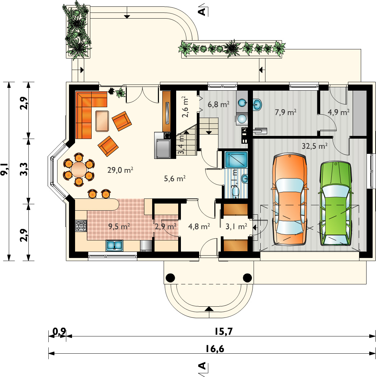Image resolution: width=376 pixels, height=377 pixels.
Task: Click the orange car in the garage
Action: tap(289, 199)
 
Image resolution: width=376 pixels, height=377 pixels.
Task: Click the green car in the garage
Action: tap(335, 204)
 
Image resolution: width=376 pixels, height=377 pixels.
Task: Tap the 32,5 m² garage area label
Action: tap(315, 146)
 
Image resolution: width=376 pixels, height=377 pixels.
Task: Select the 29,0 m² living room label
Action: tap(120, 170)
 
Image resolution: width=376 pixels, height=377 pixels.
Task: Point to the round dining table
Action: tap(79, 169)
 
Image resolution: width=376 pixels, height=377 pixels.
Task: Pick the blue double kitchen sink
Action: tap(114, 245)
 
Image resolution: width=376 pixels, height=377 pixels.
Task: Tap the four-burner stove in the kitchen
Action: tap(81, 226)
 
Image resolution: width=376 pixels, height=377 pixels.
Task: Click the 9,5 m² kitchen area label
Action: tap(119, 226)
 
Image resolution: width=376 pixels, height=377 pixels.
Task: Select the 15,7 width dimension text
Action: tap(224, 331)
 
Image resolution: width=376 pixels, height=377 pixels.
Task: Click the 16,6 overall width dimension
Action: tap(215, 349)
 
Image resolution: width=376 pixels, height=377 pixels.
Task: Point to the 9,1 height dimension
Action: tap(5, 169)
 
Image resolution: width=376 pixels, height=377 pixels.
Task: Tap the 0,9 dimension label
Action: tap(59, 331)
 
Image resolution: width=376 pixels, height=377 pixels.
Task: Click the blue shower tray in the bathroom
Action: tap(236, 159)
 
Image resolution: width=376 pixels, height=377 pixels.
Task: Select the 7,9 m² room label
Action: tap(286, 112)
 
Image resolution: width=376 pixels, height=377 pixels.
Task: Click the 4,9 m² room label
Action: tap(338, 112)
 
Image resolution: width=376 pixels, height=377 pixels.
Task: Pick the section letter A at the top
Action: tap(202, 11)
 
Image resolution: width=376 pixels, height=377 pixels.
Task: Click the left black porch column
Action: tap(170, 278)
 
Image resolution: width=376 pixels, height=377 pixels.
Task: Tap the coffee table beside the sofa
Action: tap(102, 121)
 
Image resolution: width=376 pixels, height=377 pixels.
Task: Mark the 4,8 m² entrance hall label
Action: tap(199, 226)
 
